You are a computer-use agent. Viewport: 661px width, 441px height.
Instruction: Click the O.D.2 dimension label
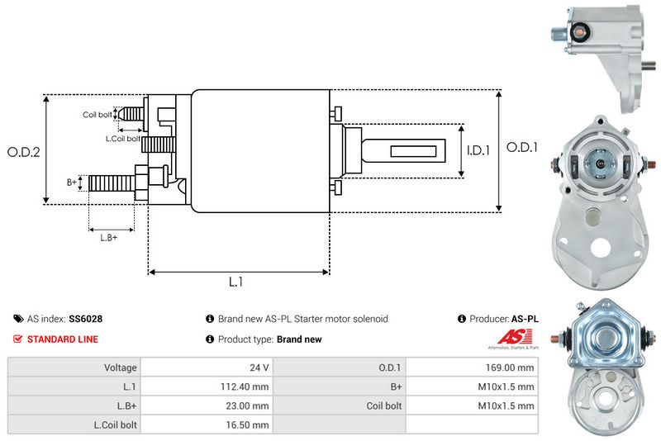point(24,152)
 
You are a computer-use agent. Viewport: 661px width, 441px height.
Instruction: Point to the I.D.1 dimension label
point(478,150)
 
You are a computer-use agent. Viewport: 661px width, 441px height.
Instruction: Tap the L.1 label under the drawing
point(236,282)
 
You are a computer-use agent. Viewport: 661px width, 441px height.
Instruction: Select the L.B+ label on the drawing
point(109,238)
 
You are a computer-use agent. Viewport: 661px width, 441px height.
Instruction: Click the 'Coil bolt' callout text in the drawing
point(97,115)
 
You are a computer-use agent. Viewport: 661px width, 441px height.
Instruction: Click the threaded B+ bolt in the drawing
point(110,182)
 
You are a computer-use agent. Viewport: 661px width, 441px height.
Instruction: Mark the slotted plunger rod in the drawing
point(405,151)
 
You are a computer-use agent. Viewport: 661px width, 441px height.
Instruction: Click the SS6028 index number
point(86,318)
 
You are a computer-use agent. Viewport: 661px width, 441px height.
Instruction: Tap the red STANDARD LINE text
point(62,339)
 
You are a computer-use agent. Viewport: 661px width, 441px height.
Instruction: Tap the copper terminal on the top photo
point(580,33)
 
